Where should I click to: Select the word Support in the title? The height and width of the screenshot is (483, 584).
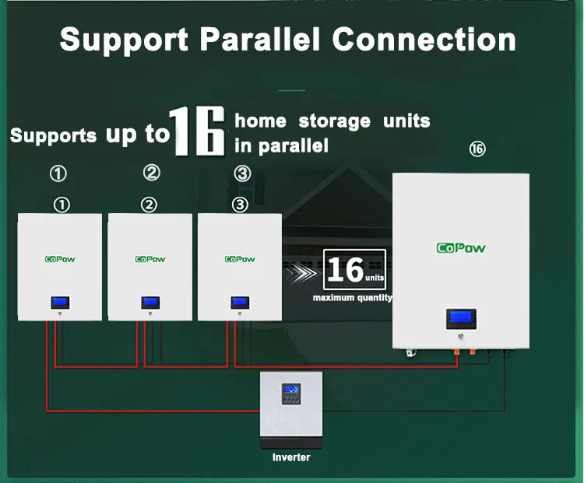pyautogui.click(x=122, y=39)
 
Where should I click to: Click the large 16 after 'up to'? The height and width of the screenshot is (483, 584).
pyautogui.click(x=198, y=132)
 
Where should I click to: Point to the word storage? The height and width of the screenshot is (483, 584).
pyautogui.click(x=334, y=121)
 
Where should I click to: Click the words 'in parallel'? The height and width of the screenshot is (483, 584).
pyautogui.click(x=281, y=145)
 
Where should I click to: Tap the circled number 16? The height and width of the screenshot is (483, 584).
pyautogui.click(x=477, y=149)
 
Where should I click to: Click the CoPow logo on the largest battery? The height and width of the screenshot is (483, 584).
pyautogui.click(x=460, y=248)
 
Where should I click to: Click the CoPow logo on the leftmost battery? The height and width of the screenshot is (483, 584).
pyautogui.click(x=59, y=259)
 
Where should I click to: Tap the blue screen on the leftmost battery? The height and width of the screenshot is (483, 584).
pyautogui.click(x=59, y=302)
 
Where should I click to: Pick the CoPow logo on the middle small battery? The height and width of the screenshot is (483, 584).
pyautogui.click(x=150, y=259)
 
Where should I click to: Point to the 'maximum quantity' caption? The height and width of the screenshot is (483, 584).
pyautogui.click(x=353, y=298)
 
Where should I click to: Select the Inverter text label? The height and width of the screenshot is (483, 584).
pyautogui.click(x=290, y=457)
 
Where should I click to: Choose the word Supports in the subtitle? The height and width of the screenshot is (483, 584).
pyautogui.click(x=53, y=136)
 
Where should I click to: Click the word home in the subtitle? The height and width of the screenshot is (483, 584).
pyautogui.click(x=260, y=121)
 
